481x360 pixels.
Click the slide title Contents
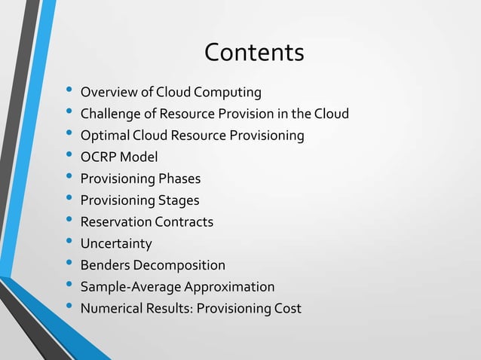[x=254, y=53]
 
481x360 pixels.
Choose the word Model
[x=139, y=157]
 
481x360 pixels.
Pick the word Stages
[x=179, y=200]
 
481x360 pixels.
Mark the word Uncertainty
[x=116, y=244]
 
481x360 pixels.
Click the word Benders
[x=105, y=265]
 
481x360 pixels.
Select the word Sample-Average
[x=126, y=287]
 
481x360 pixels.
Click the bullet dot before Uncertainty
[x=69, y=243]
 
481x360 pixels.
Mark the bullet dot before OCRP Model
[x=69, y=157]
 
